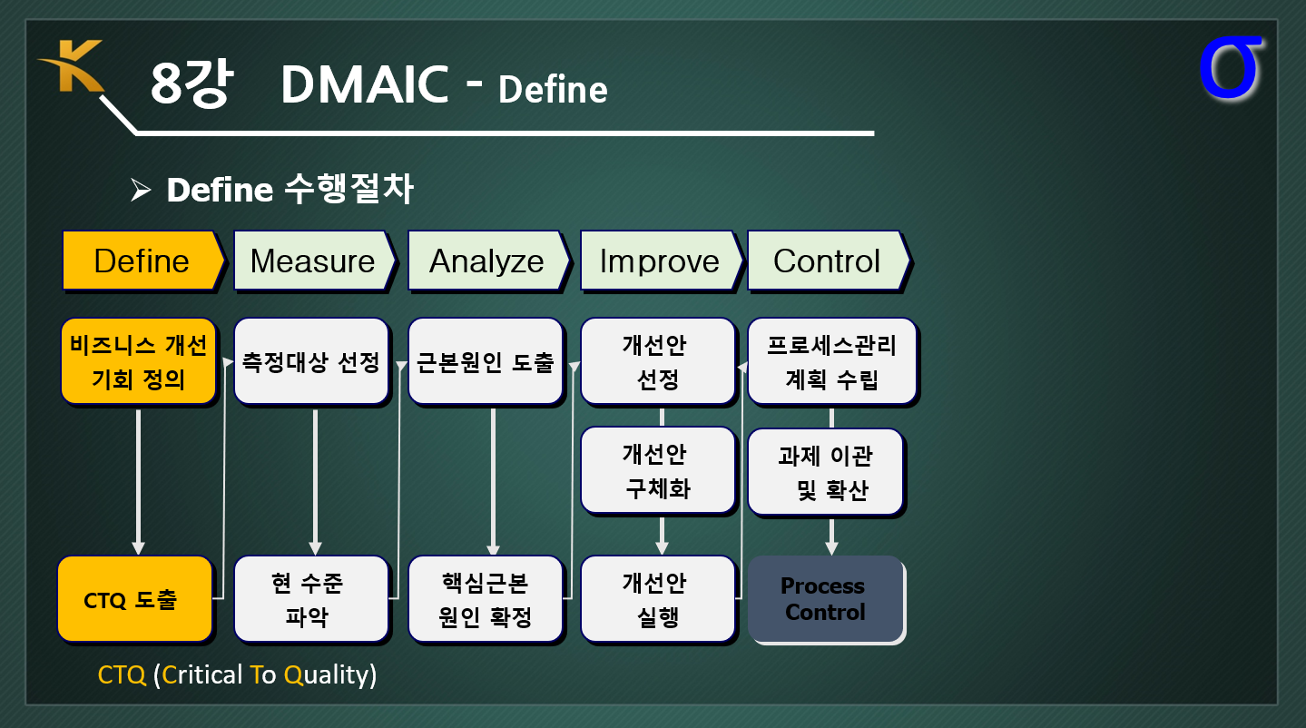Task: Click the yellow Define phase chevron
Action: tap(142, 261)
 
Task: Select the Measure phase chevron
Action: tap(315, 261)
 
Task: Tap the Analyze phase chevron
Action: tap(488, 261)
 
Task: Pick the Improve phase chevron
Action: tap(662, 261)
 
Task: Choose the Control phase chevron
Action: tap(829, 261)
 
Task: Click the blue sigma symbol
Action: tap(1230, 68)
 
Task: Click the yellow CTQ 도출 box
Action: tap(134, 599)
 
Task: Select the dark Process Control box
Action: tap(826, 599)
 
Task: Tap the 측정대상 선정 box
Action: tap(311, 361)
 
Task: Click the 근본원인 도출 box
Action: tap(486, 361)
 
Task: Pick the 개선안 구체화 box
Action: tap(658, 470)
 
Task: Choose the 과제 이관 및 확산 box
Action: tap(826, 472)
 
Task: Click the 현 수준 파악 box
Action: tap(311, 599)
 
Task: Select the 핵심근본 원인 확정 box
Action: tap(486, 599)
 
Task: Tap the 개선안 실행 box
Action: tap(658, 599)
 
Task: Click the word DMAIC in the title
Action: tap(365, 84)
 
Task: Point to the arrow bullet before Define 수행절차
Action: tap(141, 190)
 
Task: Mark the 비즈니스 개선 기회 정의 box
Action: tap(139, 361)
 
